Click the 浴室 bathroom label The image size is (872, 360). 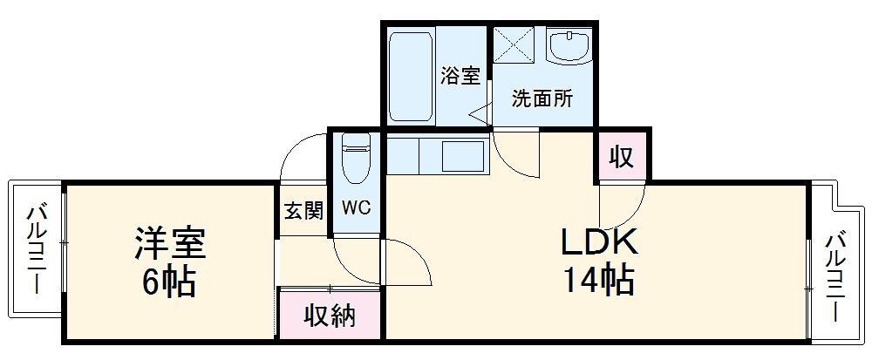[x=460, y=76]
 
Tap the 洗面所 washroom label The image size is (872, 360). [x=542, y=98]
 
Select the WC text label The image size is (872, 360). [x=356, y=209]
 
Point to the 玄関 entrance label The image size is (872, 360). [x=303, y=210]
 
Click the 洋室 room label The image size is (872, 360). [x=169, y=243]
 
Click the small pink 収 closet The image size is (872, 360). [x=622, y=159]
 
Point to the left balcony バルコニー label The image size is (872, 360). [x=37, y=248]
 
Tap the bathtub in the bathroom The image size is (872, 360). [x=409, y=77]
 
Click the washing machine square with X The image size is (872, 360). [x=514, y=44]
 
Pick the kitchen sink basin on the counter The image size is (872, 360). [x=463, y=157]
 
